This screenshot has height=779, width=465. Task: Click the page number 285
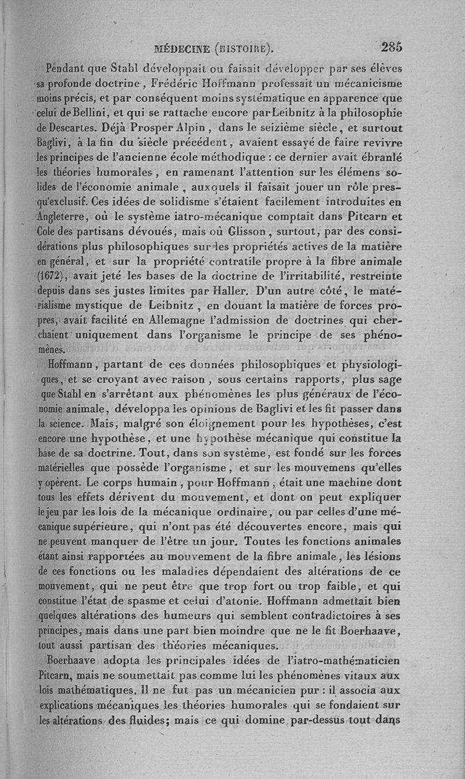click(x=392, y=47)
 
